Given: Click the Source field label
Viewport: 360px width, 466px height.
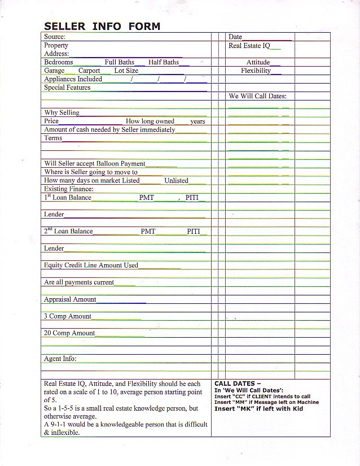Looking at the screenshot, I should (x=55, y=37).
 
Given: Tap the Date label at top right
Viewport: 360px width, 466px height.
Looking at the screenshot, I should (x=235, y=37).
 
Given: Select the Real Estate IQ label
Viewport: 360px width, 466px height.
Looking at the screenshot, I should (x=249, y=46).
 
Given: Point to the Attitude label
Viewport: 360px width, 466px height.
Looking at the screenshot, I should (x=258, y=62).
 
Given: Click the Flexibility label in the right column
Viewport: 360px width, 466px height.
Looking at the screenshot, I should (x=256, y=71).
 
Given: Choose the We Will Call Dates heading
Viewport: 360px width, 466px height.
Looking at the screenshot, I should (x=257, y=96).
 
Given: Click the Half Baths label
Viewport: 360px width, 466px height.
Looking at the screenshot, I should (x=163, y=62).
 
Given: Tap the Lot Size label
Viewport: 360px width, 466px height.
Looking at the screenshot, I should (x=126, y=71).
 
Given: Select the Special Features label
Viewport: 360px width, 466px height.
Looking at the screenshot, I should (x=67, y=88).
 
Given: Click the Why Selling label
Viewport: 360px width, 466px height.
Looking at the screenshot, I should (x=62, y=112).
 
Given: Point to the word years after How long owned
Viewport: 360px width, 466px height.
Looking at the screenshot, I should (x=197, y=121).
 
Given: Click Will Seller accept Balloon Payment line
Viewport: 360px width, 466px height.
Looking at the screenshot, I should (x=94, y=163).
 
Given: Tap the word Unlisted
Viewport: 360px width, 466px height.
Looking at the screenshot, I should (x=176, y=181).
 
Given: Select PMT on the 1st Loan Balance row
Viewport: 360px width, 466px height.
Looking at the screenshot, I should (x=146, y=198).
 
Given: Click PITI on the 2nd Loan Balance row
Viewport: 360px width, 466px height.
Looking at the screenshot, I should (x=194, y=232).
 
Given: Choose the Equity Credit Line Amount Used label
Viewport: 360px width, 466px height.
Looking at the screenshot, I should (x=91, y=265).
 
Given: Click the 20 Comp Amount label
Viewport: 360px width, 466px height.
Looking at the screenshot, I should (x=69, y=333).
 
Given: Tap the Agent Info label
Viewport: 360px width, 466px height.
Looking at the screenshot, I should (x=60, y=359).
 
